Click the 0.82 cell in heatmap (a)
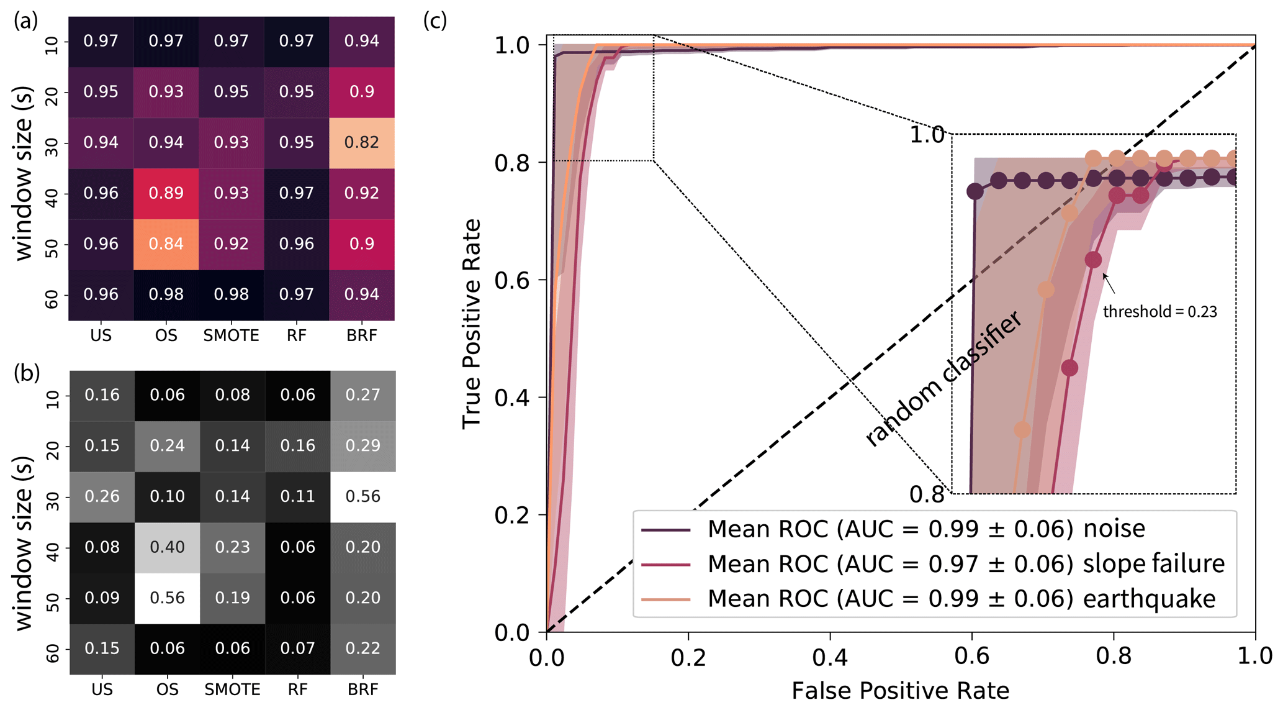tap(362, 143)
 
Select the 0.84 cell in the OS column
tap(166, 244)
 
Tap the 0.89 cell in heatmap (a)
tap(166, 193)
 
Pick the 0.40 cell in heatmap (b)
tap(168, 547)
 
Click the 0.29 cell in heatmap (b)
tap(363, 445)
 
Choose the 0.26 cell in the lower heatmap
tap(102, 496)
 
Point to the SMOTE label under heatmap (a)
tap(232, 336)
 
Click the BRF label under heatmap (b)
tap(363, 690)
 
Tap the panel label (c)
tap(435, 20)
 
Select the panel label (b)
tap(27, 372)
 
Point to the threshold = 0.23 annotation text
tap(1159, 312)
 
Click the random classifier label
tap(943, 380)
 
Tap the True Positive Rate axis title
tap(472, 324)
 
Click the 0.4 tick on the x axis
tap(830, 657)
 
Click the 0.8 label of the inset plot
tap(927, 494)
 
